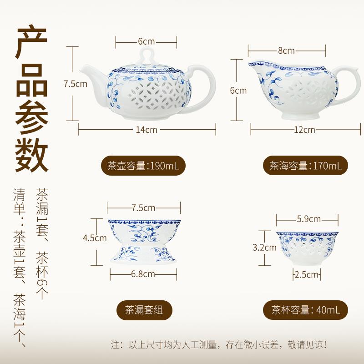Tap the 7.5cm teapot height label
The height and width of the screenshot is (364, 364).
(75, 84)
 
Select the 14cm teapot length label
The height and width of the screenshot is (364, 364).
(147, 129)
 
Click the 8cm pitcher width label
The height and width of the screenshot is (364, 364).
(286, 50)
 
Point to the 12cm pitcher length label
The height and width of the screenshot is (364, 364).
(304, 129)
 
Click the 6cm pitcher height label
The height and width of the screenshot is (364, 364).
(238, 90)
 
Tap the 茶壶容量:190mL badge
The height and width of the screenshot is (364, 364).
(146, 166)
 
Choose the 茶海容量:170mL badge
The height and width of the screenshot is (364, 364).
(305, 166)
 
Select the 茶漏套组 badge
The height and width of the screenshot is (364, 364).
(143, 310)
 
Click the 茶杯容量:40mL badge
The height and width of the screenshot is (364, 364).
(305, 310)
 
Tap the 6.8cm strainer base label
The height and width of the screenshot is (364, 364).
(143, 274)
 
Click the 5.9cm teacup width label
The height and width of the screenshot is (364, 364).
(309, 219)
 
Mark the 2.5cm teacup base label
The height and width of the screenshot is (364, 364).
(306, 274)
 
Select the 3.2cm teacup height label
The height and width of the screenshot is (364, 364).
(264, 248)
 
